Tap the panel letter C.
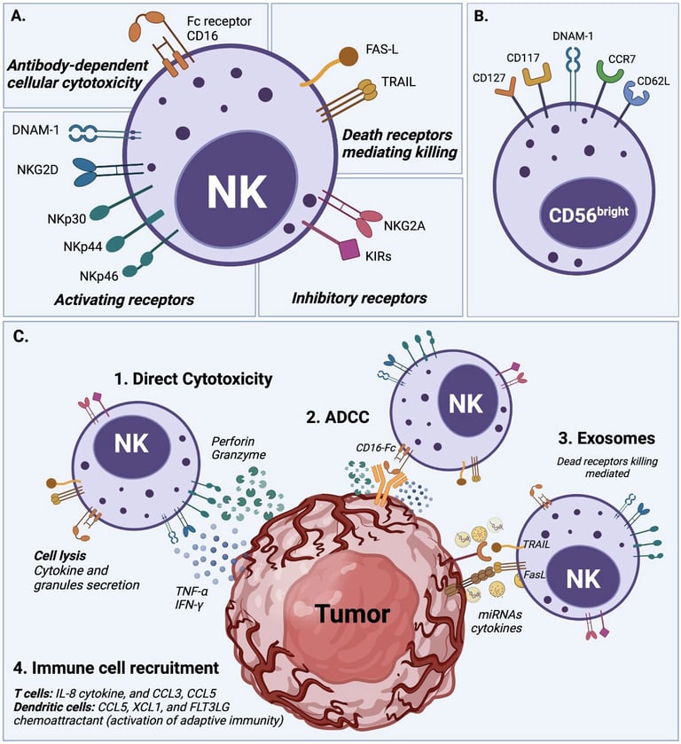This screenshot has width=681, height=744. click(x=19, y=336)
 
